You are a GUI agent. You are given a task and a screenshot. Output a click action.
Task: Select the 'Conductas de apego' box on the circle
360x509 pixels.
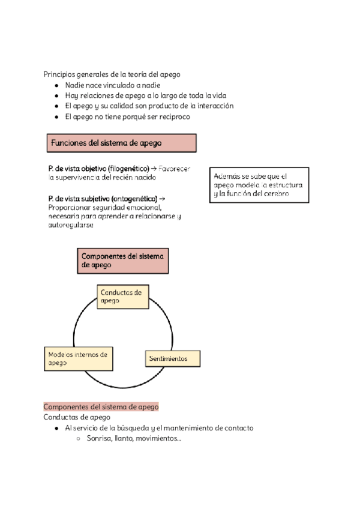pos(122,297)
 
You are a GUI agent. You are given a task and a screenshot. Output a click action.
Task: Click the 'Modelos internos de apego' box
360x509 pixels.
pos(78,358)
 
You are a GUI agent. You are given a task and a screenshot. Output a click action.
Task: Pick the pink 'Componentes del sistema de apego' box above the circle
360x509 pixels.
pos(122,261)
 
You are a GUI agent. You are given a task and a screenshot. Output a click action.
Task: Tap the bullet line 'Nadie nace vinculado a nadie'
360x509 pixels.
pos(104,86)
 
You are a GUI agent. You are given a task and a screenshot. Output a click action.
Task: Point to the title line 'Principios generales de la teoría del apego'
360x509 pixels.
pos(112,74)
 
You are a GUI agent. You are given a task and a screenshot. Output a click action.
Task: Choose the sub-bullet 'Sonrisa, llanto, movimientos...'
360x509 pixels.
pos(134,439)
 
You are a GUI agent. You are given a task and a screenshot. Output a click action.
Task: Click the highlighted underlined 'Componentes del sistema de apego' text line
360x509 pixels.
pos(101,406)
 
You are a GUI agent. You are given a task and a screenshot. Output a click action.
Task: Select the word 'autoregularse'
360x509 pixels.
pos(70,225)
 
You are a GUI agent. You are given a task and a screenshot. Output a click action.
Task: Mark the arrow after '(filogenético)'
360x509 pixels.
pos(154,169)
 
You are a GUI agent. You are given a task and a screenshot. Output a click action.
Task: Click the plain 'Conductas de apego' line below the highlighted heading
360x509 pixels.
pos(77,417)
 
